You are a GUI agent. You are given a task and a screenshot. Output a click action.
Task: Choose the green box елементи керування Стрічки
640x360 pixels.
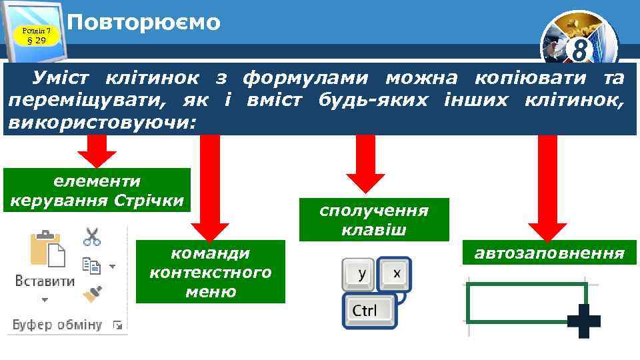(x=97, y=190)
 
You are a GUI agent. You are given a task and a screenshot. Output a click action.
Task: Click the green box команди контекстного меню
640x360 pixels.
(x=210, y=272)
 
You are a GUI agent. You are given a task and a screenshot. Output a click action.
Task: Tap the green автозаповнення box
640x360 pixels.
(x=549, y=253)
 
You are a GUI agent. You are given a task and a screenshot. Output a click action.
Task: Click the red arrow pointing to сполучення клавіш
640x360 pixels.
(x=365, y=167)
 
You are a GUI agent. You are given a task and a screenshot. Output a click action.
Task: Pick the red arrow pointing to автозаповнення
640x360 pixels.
(x=547, y=193)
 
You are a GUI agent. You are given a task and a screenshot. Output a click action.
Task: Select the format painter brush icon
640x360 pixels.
(x=91, y=294)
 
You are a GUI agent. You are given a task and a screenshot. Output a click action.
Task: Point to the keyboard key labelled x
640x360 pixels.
(x=396, y=273)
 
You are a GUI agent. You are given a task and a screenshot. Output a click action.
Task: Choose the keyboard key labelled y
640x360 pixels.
(x=360, y=274)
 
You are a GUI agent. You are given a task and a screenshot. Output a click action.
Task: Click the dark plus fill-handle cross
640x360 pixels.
(x=584, y=321)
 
